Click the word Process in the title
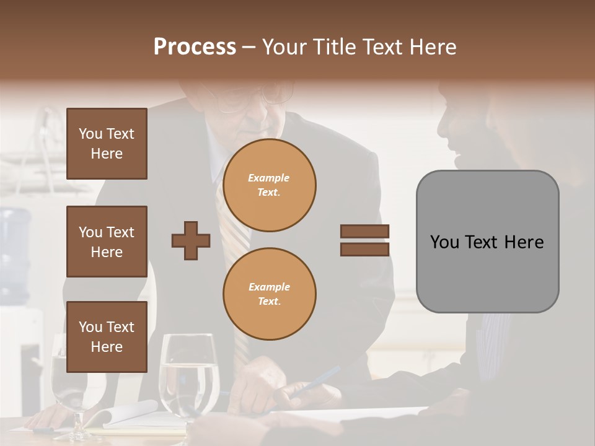(195, 47)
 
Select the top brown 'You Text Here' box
(107, 144)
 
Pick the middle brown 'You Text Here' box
(107, 242)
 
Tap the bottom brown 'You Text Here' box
(107, 336)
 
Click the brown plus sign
(191, 240)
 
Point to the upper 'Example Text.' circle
(270, 185)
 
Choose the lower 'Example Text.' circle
(270, 294)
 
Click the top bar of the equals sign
(364, 231)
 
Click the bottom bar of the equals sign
(364, 249)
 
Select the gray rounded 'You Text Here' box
(487, 242)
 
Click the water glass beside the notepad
(189, 375)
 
